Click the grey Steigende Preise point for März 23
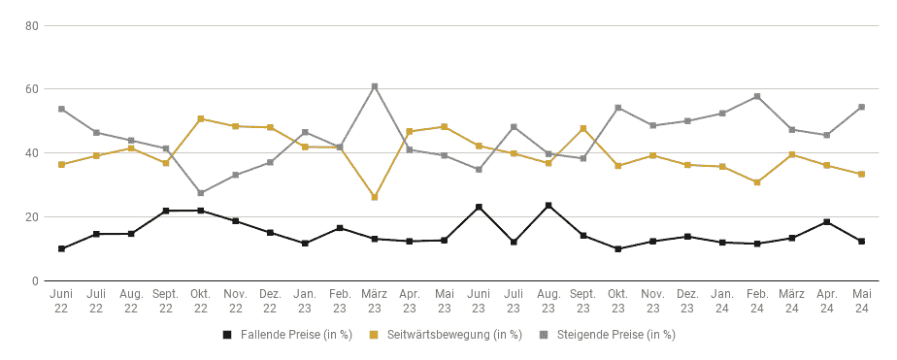click(x=375, y=86)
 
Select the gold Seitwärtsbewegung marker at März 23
click(x=375, y=197)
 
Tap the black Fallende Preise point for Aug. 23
click(x=548, y=205)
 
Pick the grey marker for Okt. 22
click(x=201, y=193)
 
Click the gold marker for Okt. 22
click(x=201, y=118)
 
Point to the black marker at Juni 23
click(x=479, y=207)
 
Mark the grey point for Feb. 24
click(x=757, y=96)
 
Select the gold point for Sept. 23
click(x=582, y=128)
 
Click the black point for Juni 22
click(x=61, y=248)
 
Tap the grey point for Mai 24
click(x=861, y=107)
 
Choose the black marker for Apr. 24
click(x=827, y=221)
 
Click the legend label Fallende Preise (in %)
click(x=296, y=335)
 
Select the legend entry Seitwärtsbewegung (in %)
click(x=454, y=335)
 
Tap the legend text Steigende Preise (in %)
click(x=616, y=335)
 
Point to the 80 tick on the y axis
click(x=32, y=25)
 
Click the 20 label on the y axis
click(x=32, y=217)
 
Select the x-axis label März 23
click(x=375, y=301)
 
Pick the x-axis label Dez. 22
click(x=270, y=301)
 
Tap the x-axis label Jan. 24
click(x=722, y=301)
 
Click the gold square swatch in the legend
click(x=375, y=335)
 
